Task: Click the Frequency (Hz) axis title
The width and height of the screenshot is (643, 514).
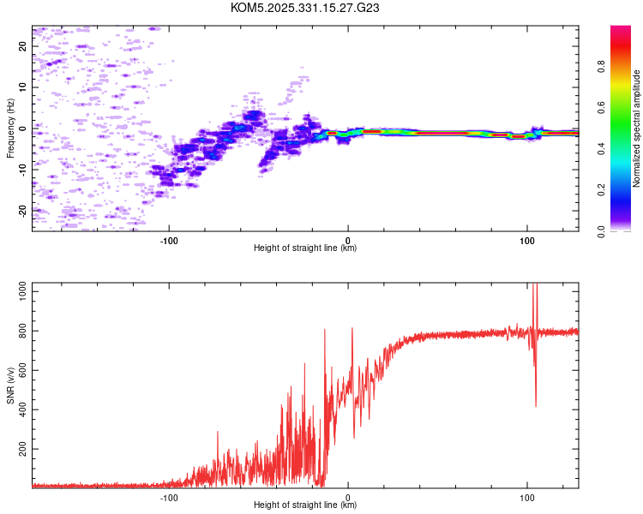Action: [10, 128]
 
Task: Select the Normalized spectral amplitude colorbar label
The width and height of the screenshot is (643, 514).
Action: [636, 128]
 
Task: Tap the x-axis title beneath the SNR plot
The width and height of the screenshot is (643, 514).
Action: [305, 505]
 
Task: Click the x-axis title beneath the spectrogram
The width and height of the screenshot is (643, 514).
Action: [305, 248]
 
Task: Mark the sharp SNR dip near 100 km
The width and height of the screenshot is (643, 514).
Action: [536, 404]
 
